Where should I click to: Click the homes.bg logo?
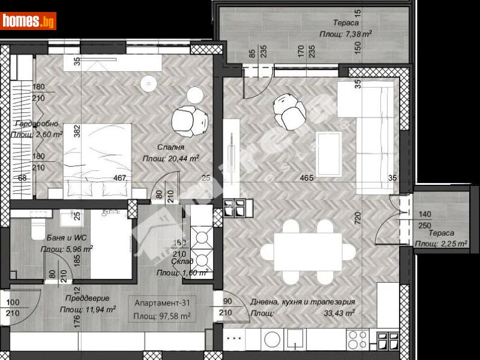point(29,21)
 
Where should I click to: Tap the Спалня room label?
point(172,146)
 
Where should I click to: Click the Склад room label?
point(182,262)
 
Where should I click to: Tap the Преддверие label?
point(88,298)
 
